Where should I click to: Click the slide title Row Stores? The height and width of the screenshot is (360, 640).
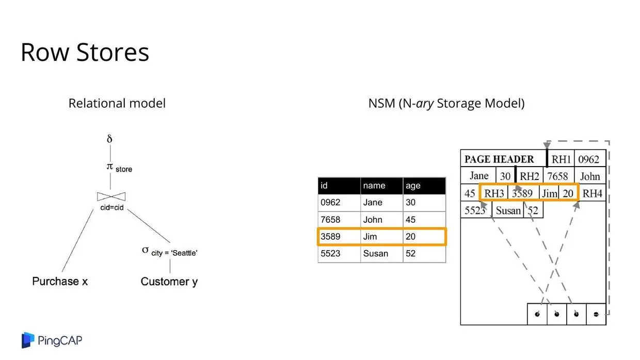coord(85,52)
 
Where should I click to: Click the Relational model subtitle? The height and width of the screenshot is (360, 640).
coord(117,103)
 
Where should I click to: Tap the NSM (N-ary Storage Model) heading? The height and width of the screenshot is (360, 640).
coord(446,103)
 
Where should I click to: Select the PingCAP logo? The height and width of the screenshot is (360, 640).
coord(52,340)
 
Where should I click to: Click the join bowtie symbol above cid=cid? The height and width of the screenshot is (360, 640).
coord(111,197)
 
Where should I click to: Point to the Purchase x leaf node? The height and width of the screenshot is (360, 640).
coord(60,281)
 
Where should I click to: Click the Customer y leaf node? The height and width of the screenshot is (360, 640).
coord(169,282)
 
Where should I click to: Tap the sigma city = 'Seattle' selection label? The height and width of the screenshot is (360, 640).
coord(170,251)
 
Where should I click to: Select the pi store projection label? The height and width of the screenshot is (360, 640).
coord(118,167)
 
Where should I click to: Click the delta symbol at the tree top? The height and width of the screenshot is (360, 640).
coord(109,139)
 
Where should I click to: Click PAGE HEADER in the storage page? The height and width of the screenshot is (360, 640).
coord(499,159)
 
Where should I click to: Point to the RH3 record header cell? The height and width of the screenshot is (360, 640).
coord(494,193)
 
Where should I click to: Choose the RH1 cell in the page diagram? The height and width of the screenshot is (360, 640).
coord(561,159)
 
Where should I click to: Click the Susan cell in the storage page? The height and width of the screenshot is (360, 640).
coord(508,210)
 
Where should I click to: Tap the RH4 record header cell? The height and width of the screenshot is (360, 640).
coord(593,193)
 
